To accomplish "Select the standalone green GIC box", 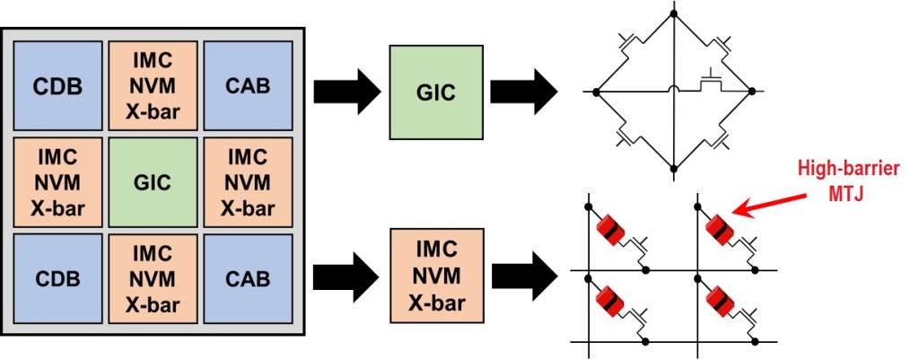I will coord(434,92).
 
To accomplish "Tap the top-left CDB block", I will coord(57,87).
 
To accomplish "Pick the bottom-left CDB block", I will coord(57,277).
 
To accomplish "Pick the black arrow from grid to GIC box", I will coord(346,92).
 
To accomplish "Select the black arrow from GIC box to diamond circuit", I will coord(523,92).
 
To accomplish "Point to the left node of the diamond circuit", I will coord(595,92).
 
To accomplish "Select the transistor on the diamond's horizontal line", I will coord(711,83).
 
